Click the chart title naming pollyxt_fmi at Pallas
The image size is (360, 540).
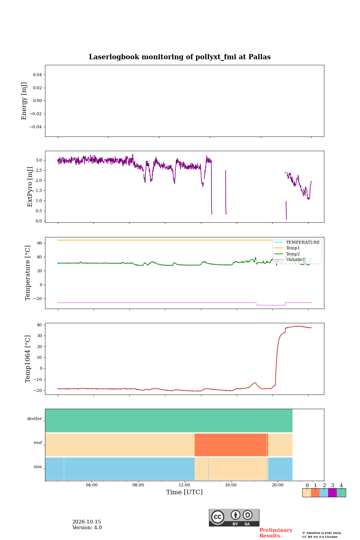click(180, 57)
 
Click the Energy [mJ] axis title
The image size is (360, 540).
click(24, 101)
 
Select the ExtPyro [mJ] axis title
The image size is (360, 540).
click(30, 187)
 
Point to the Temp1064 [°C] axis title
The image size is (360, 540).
click(27, 359)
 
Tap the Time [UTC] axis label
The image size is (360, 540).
click(184, 492)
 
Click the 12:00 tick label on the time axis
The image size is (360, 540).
click(184, 485)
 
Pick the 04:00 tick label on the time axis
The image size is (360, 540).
click(91, 485)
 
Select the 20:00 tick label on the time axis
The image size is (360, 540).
click(277, 485)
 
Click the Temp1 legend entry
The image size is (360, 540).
click(293, 248)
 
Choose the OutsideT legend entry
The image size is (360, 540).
click(295, 259)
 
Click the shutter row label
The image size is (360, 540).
click(34, 419)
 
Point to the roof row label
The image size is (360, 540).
click(38, 442)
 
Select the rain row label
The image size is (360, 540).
click(38, 467)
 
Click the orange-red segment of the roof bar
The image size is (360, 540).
click(231, 445)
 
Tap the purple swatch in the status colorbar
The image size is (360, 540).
click(332, 493)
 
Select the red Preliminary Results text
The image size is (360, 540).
click(276, 533)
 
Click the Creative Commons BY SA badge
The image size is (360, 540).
click(234, 517)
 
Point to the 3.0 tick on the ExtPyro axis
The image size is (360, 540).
click(39, 160)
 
